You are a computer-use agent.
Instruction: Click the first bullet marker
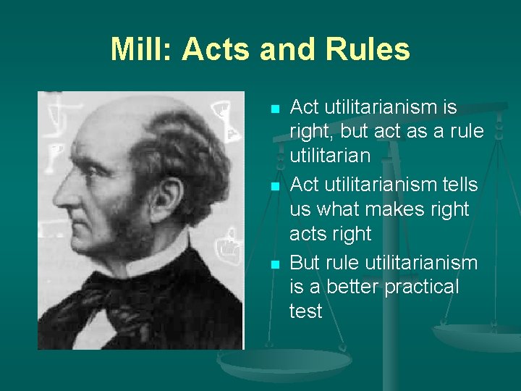pos(274,109)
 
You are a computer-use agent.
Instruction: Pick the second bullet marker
pos(274,186)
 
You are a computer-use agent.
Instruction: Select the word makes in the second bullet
pos(392,209)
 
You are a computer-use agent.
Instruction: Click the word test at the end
pos(305,311)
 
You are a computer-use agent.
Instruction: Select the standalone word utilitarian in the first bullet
pos(330,155)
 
